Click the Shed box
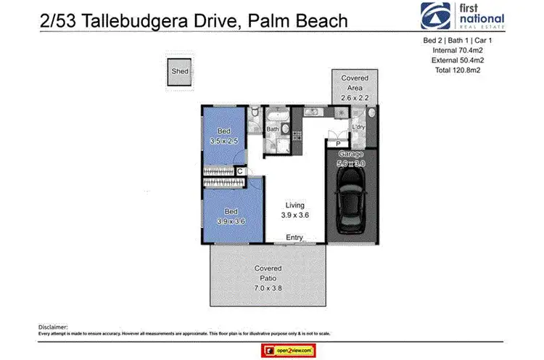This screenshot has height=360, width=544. tap(179, 73)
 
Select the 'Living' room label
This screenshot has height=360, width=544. tap(294, 206)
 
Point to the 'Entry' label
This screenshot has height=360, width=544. tap(294, 237)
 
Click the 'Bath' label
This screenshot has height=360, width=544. tap(273, 130)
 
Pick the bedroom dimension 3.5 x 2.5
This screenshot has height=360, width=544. tap(223, 142)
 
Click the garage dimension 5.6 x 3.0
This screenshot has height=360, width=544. tap(351, 164)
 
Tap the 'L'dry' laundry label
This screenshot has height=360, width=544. tap(358, 128)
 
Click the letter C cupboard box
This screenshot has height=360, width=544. tap(240, 172)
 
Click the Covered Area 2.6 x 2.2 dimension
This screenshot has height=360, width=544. tap(351, 97)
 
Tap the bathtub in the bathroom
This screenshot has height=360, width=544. tap(276, 116)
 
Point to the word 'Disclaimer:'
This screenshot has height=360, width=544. tap(52, 327)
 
